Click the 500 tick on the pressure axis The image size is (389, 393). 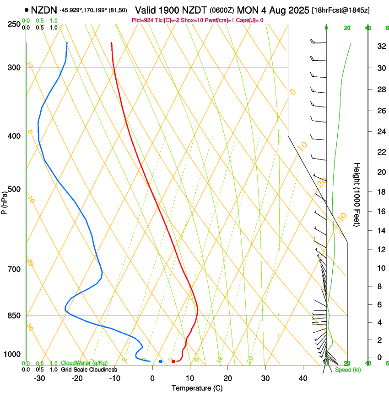point(15,189)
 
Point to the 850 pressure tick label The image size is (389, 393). point(15,316)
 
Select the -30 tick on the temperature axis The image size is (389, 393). point(39,378)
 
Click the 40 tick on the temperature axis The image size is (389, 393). point(303,378)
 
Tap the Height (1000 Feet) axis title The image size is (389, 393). point(357,194)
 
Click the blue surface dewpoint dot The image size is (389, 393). point(160,361)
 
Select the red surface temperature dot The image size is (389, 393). point(173,361)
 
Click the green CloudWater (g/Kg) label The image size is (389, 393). point(84,363)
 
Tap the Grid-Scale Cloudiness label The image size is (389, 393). point(89,369)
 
